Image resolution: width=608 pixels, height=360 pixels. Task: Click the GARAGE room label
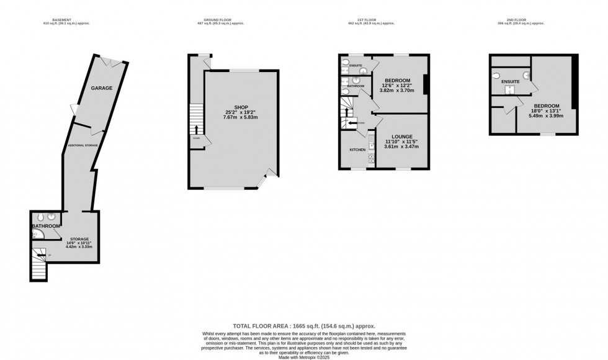point(102,88)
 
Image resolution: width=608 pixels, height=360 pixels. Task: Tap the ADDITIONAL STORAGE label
point(83,145)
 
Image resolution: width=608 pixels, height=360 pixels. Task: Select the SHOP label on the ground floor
point(233,107)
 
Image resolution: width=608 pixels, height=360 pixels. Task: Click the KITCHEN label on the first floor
point(358,150)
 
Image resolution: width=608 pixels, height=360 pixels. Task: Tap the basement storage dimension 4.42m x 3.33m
point(79,247)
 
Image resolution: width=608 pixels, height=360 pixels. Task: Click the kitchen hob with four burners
point(371,158)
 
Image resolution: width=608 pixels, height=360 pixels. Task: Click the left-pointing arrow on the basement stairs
point(41,254)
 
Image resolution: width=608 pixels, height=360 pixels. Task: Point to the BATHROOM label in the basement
point(46,226)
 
